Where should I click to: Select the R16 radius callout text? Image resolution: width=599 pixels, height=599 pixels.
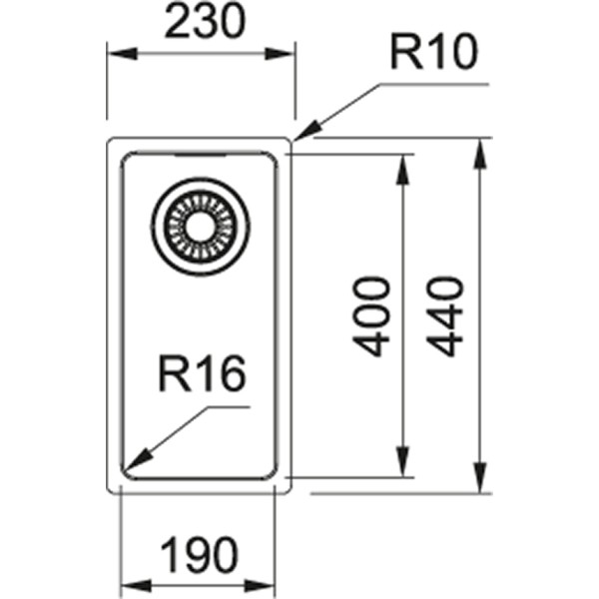(x=200, y=376)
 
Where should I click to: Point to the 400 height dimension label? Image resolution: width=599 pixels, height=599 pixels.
(x=372, y=316)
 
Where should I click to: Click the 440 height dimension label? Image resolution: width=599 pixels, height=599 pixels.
(x=446, y=316)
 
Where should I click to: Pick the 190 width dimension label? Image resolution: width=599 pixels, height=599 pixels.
(x=199, y=552)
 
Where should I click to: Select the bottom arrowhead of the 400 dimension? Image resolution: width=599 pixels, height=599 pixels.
(x=404, y=466)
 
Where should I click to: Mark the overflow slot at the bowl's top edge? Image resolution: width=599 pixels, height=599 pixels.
(x=198, y=155)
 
